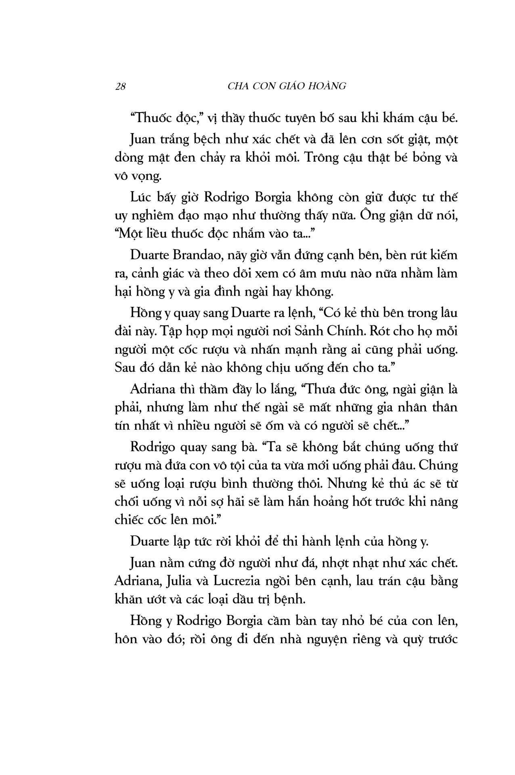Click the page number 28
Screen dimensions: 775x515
pos(121,86)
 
